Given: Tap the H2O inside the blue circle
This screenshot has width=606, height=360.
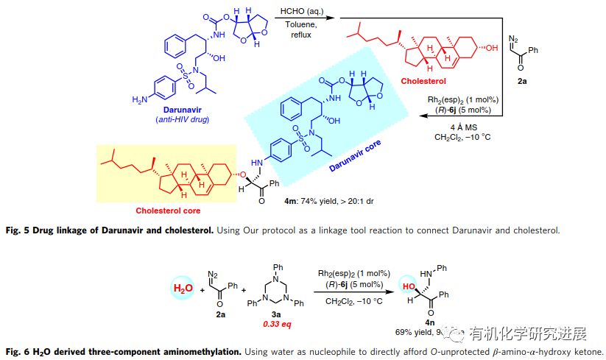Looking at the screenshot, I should point(181,288).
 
